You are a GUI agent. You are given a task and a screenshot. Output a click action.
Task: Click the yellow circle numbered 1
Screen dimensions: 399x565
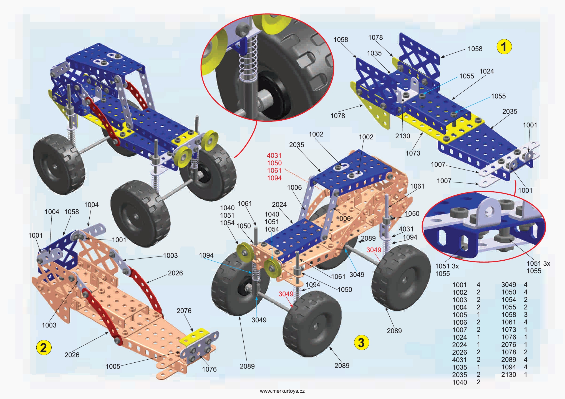pyautogui.click(x=504, y=47)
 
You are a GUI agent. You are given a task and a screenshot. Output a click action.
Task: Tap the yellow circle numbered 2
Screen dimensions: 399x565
pyautogui.click(x=44, y=347)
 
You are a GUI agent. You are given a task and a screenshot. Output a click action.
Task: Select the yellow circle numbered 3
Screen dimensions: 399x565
pyautogui.click(x=361, y=342)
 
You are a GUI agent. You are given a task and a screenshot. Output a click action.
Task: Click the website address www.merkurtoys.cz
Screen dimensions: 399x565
pyautogui.click(x=282, y=391)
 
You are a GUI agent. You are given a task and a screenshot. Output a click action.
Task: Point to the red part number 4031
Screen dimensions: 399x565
pyautogui.click(x=274, y=156)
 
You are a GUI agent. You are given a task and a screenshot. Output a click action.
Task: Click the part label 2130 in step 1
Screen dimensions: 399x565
pyautogui.click(x=402, y=136)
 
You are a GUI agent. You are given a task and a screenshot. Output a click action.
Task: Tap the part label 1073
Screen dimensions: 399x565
pyautogui.click(x=413, y=153)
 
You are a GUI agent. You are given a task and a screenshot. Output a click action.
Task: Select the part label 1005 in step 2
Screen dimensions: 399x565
pyautogui.click(x=113, y=366)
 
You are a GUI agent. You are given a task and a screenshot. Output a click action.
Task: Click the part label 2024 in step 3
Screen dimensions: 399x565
pyautogui.click(x=279, y=204)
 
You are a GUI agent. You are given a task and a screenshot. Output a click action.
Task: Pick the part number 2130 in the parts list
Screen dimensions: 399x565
pyautogui.click(x=508, y=375)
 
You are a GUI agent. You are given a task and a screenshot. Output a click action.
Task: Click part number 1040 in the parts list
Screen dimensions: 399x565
pyautogui.click(x=460, y=382)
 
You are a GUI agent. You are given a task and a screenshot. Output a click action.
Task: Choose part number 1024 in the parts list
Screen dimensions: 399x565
pyautogui.click(x=460, y=337)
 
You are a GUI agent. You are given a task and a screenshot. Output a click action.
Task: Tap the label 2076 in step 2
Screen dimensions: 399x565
pyautogui.click(x=184, y=311)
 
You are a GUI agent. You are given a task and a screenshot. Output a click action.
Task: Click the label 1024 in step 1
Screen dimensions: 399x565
pyautogui.click(x=486, y=71)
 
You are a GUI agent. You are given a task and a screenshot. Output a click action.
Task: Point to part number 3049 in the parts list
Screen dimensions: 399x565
pyautogui.click(x=508, y=285)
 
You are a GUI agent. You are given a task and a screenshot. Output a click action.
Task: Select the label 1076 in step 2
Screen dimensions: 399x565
pyautogui.click(x=209, y=369)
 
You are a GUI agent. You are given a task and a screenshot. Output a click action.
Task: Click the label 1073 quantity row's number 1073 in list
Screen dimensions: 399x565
pyautogui.click(x=508, y=330)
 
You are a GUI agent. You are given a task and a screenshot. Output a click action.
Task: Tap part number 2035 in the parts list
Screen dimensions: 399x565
pyautogui.click(x=460, y=375)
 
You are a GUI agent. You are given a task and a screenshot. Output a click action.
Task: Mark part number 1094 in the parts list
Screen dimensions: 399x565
pyautogui.click(x=508, y=367)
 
